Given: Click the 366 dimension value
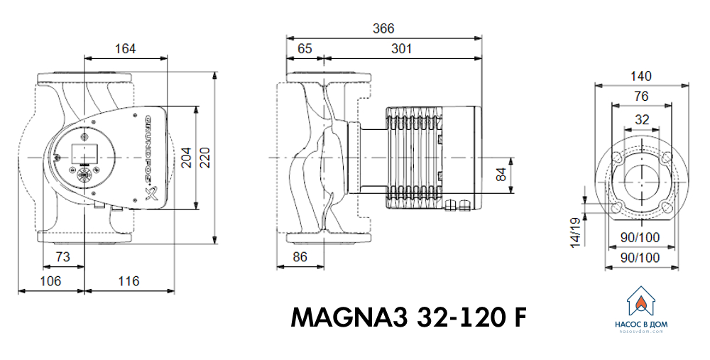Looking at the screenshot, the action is pyautogui.click(x=383, y=28).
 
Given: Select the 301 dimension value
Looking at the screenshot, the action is pyautogui.click(x=401, y=48).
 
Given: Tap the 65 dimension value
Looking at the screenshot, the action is pyautogui.click(x=305, y=48).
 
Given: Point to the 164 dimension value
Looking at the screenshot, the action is pyautogui.click(x=125, y=48).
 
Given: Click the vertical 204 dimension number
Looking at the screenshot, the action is pyautogui.click(x=187, y=157).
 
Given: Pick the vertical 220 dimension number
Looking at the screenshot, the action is pyautogui.click(x=205, y=157).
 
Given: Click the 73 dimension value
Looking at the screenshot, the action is pyautogui.click(x=63, y=257).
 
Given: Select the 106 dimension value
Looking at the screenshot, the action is pyautogui.click(x=50, y=280).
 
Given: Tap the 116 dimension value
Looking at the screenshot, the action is pyautogui.click(x=129, y=280).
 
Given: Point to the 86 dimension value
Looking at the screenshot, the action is pyautogui.click(x=300, y=257).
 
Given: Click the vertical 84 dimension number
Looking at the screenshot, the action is pyautogui.click(x=501, y=175).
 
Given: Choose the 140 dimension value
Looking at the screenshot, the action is pyautogui.click(x=641, y=76).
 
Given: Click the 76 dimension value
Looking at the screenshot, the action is pyautogui.click(x=641, y=96).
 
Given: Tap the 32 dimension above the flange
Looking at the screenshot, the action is pyautogui.click(x=642, y=119).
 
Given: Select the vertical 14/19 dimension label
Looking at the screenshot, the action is pyautogui.click(x=575, y=232).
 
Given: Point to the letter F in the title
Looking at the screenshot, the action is pyautogui.click(x=520, y=317).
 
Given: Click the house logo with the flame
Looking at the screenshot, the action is pyautogui.click(x=640, y=301).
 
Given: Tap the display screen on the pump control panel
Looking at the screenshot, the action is pyautogui.click(x=84, y=153).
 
